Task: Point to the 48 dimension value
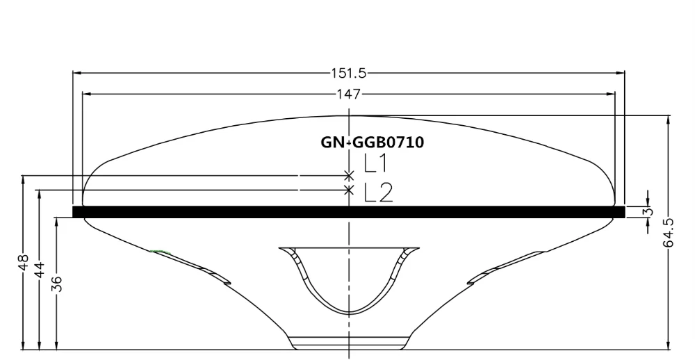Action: click(23, 264)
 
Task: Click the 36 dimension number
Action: click(56, 283)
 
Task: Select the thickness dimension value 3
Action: click(648, 211)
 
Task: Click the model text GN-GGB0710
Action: click(372, 142)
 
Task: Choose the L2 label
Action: click(378, 193)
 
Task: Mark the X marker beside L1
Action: click(348, 175)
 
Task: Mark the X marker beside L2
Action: click(348, 189)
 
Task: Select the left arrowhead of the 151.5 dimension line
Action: click(76, 72)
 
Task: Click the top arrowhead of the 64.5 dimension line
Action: click(669, 119)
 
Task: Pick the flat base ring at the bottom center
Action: click(348, 342)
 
